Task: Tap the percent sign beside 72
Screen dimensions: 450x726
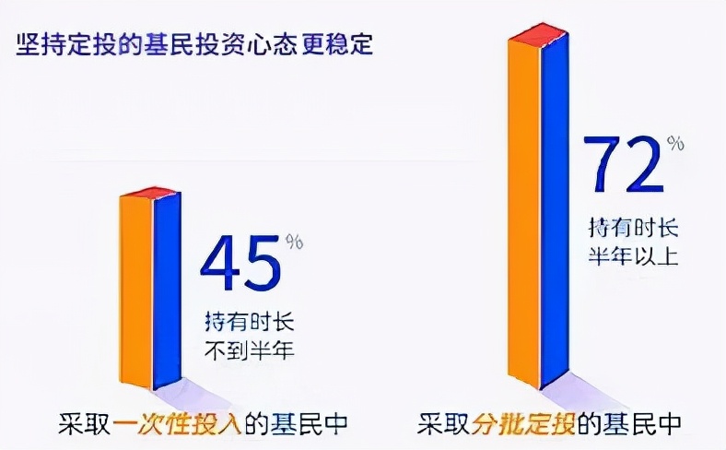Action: (x=677, y=143)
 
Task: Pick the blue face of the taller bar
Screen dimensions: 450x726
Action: (x=556, y=212)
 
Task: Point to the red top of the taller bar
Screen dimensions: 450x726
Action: (x=539, y=36)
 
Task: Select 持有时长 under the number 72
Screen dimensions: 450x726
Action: (x=633, y=227)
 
